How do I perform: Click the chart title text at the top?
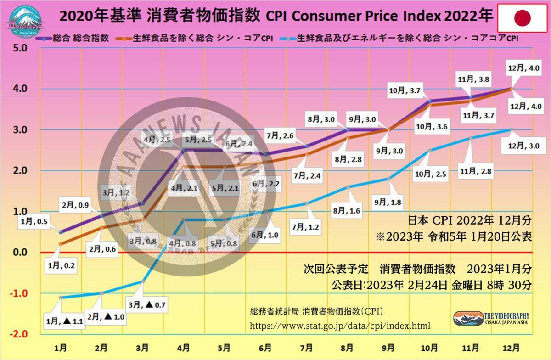click(x=275, y=17)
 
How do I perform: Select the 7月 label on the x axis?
click(x=306, y=348)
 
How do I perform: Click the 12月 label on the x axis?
click(x=511, y=348)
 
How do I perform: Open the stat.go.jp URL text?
click(x=340, y=326)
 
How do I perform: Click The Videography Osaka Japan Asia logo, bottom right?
click(x=491, y=318)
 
